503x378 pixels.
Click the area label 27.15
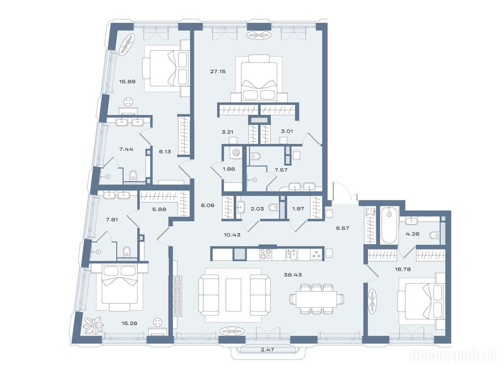[x=218, y=71]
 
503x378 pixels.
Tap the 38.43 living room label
[x=293, y=275]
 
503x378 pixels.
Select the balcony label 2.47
[x=267, y=349]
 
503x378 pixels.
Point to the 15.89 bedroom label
[x=127, y=81]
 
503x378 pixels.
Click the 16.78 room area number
[x=403, y=269]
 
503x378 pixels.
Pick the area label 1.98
[x=229, y=169]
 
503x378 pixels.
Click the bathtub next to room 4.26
[x=389, y=225]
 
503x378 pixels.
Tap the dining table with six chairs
[x=316, y=299]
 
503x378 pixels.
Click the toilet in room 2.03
[x=273, y=208]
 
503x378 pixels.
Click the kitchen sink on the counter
[x=292, y=254]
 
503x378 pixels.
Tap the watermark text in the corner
[x=453, y=356]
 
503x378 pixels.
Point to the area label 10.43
[x=232, y=235]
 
